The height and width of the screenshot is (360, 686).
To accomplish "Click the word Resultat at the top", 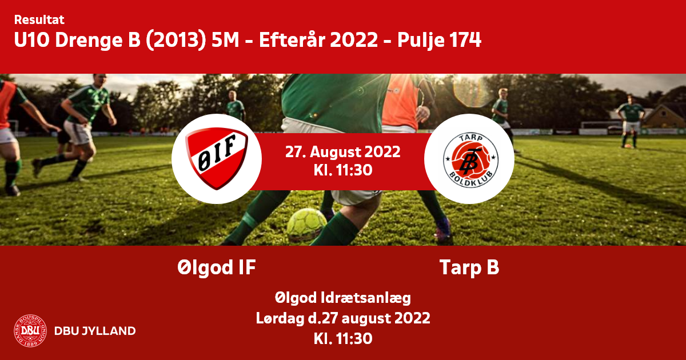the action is [39, 19].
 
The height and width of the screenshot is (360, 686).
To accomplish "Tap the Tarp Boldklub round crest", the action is [470, 160].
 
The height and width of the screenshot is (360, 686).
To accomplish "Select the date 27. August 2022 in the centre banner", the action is [342, 152].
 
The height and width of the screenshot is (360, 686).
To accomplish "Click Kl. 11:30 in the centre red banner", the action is [342, 170].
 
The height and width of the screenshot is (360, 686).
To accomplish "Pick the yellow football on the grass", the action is [306, 225].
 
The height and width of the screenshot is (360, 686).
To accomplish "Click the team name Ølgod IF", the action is [217, 267].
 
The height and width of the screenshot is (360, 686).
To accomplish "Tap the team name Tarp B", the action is [469, 267].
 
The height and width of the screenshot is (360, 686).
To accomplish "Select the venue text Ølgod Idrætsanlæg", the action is [342, 298].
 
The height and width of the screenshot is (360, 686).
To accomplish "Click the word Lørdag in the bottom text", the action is [280, 318].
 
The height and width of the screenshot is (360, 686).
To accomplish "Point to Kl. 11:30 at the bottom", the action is [342, 339].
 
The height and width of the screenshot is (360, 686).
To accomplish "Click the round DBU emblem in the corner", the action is [30, 331].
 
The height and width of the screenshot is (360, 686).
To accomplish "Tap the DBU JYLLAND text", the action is [95, 331].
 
